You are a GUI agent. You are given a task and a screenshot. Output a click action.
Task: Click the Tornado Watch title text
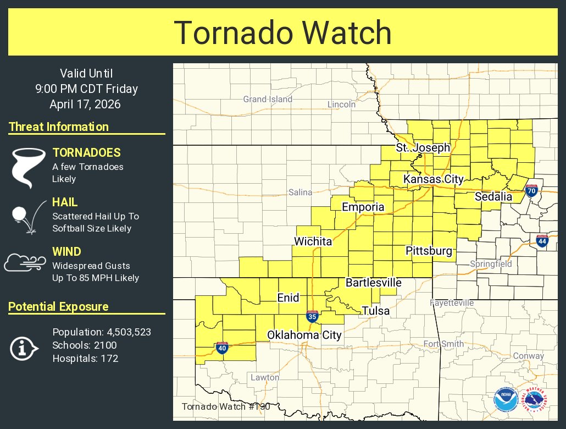point(282,33)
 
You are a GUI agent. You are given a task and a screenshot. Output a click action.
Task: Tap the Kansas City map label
point(434,179)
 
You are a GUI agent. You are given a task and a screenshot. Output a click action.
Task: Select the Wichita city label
point(313,241)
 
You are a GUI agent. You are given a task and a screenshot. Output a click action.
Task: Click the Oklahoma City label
point(304,335)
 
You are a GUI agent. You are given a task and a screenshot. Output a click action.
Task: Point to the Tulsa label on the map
point(375,311)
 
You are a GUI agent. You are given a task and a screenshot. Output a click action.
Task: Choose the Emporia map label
point(363,207)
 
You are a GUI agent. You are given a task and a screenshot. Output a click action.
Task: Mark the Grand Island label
point(268,100)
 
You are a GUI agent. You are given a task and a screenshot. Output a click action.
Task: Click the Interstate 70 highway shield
point(531,191)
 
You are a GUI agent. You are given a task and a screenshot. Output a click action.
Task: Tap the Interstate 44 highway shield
point(542,240)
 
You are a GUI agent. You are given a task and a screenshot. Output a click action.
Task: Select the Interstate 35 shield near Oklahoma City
point(312,316)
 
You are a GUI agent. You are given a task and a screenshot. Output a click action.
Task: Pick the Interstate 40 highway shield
point(222,348)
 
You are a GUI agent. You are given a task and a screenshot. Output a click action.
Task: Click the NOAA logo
point(505,400)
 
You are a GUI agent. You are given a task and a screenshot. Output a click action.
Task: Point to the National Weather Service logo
point(535,400)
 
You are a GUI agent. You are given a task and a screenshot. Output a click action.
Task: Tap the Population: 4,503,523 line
point(102,332)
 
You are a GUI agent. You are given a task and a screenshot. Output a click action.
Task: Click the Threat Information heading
point(59,127)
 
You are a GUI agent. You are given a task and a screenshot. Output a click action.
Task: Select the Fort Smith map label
point(443,344)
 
